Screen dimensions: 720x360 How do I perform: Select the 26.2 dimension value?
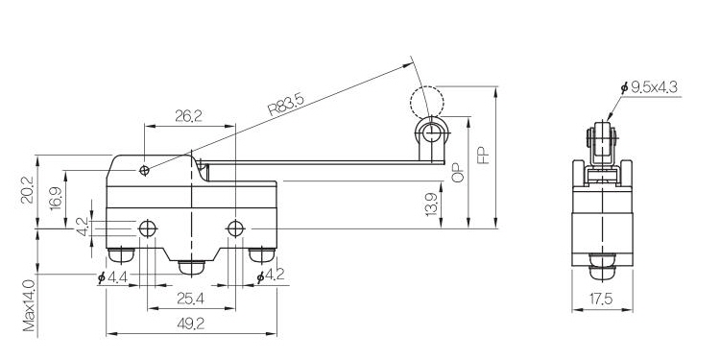tap(189, 116)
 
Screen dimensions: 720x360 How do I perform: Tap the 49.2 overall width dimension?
tap(191, 324)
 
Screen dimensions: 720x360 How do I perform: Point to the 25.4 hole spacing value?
tap(191, 299)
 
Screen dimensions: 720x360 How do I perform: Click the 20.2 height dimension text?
tap(28, 190)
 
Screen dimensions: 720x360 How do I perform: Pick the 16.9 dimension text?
tap(56, 198)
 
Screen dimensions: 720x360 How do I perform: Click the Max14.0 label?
tap(30, 305)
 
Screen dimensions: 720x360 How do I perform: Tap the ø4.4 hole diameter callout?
tap(112, 276)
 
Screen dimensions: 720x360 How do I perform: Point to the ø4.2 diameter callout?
tap(271, 276)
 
